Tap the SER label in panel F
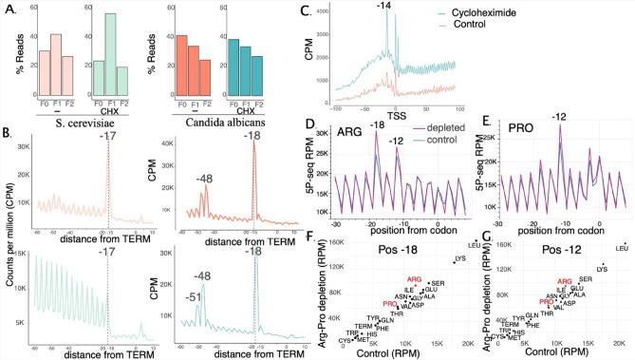tap(438, 283)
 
